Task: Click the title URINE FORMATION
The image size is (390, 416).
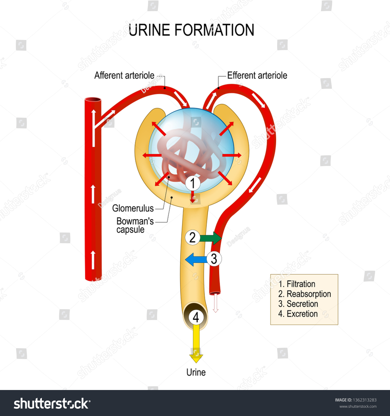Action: pyautogui.click(x=191, y=30)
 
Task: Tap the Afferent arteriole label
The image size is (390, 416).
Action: pyautogui.click(x=124, y=75)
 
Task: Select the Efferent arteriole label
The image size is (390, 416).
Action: pyautogui.click(x=257, y=75)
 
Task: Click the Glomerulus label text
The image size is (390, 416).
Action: pyautogui.click(x=133, y=208)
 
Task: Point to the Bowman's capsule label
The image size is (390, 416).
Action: pyautogui.click(x=135, y=225)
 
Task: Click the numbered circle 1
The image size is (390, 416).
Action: pyautogui.click(x=193, y=183)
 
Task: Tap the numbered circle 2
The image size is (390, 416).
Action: pyautogui.click(x=192, y=237)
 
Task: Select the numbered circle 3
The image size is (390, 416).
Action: pyautogui.click(x=214, y=259)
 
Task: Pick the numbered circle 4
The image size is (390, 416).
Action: pyautogui.click(x=196, y=317)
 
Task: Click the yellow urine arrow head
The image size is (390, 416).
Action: pyautogui.click(x=196, y=358)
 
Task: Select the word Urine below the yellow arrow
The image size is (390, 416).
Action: pyautogui.click(x=196, y=372)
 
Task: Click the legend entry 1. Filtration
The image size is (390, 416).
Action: pyautogui.click(x=297, y=284)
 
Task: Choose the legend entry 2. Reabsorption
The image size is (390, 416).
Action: pyautogui.click(x=304, y=294)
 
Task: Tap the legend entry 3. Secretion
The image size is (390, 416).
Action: pyautogui.click(x=298, y=304)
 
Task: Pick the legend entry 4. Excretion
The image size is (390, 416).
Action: pyautogui.click(x=298, y=314)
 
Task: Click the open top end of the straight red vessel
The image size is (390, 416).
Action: pyautogui.click(x=93, y=100)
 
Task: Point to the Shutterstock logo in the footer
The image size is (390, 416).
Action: pyautogui.click(x=52, y=404)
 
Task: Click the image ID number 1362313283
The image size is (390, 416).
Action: pyautogui.click(x=365, y=400)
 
